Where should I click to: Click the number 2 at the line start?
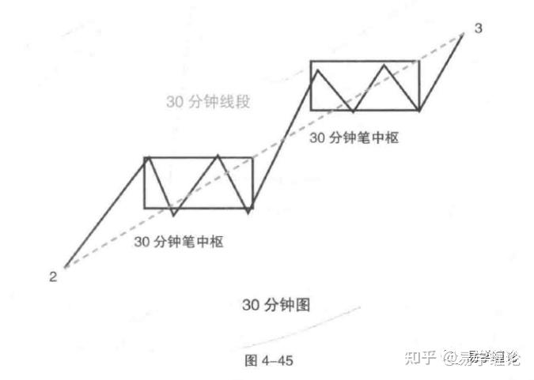(x=52, y=277)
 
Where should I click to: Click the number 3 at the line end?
(x=477, y=29)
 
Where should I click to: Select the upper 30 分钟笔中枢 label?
(x=354, y=137)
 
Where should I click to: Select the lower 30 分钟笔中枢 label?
(x=178, y=242)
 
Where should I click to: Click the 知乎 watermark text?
(x=420, y=357)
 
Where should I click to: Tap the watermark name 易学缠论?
(x=493, y=357)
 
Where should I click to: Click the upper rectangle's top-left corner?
(x=311, y=61)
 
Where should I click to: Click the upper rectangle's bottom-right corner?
(x=418, y=109)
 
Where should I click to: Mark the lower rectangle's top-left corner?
(x=144, y=158)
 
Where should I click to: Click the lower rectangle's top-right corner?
(x=251, y=158)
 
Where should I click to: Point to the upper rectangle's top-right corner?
(x=418, y=61)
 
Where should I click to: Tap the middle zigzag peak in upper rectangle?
(x=385, y=65)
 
